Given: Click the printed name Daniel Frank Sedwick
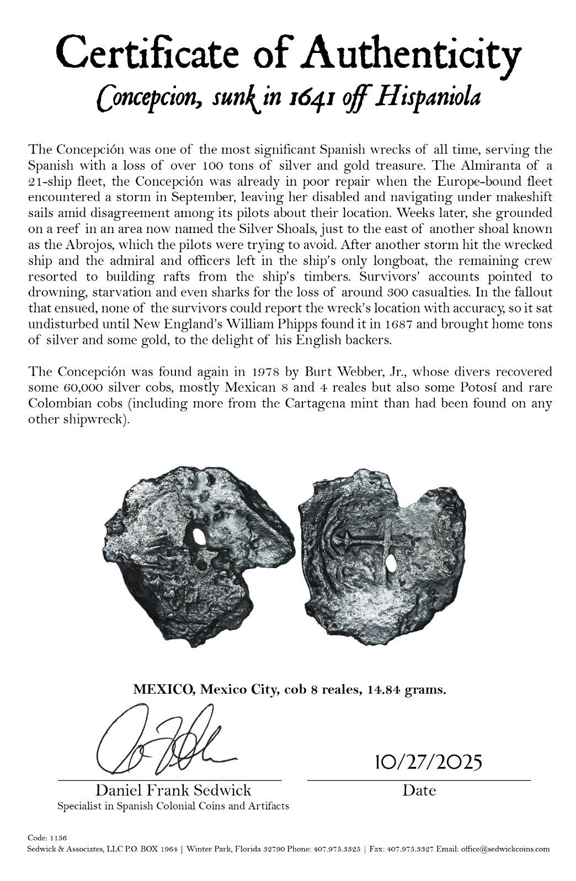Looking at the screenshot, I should click(173, 791).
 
